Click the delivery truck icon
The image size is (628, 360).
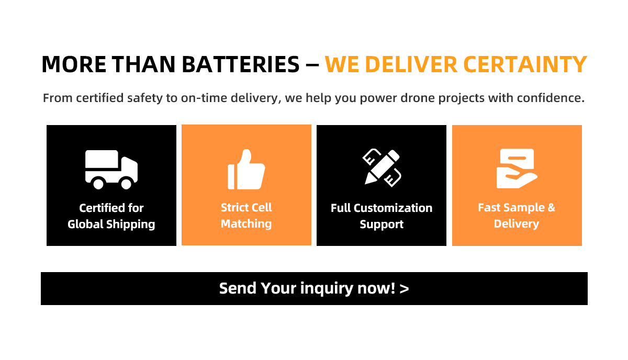pyautogui.click(x=111, y=169)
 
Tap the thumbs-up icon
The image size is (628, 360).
pyautogui.click(x=246, y=169)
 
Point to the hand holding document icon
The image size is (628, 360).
pyautogui.click(x=516, y=168)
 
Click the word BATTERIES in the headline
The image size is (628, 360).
pyautogui.click(x=241, y=64)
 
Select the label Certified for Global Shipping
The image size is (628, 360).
pyautogui.click(x=111, y=216)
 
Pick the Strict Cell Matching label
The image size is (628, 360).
pyautogui.click(x=246, y=216)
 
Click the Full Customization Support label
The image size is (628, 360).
pyautogui.click(x=382, y=216)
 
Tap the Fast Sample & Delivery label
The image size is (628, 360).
pyautogui.click(x=516, y=216)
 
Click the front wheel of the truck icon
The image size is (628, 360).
pyautogui.click(x=126, y=183)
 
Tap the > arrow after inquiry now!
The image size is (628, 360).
pyautogui.click(x=404, y=288)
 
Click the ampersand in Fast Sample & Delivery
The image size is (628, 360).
pyautogui.click(x=551, y=208)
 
